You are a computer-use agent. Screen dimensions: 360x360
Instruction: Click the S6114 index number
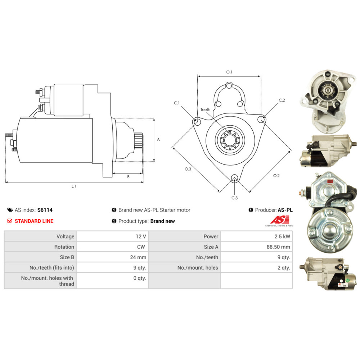tap(45, 210)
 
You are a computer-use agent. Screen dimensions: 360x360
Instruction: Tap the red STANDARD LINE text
tap(34, 221)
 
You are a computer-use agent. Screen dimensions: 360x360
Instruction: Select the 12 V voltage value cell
tap(112, 236)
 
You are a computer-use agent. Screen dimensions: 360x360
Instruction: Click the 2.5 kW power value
tap(282, 237)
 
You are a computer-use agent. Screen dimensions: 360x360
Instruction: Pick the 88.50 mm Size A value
tap(278, 247)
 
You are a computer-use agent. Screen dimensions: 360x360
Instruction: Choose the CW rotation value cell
tap(112, 247)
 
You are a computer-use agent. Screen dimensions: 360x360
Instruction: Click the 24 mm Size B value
tap(138, 257)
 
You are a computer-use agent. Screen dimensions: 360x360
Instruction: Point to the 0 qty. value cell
tap(112, 280)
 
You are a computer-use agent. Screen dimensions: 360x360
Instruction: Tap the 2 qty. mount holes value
tap(284, 268)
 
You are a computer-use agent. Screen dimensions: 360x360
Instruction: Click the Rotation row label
tap(64, 247)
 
